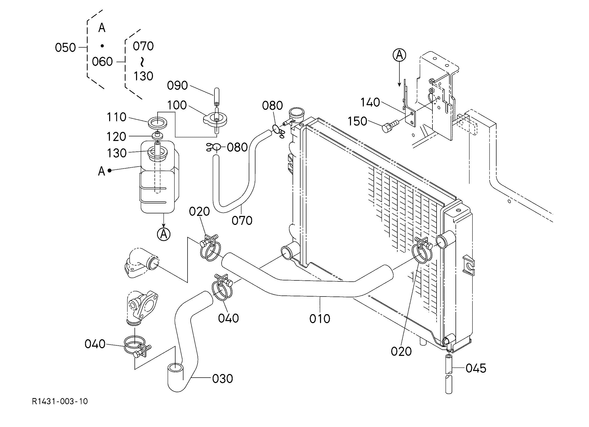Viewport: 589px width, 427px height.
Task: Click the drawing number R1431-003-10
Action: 60,401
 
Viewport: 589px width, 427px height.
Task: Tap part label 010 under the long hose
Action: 320,319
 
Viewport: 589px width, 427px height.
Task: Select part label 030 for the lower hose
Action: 223,379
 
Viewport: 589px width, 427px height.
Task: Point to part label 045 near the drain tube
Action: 476,368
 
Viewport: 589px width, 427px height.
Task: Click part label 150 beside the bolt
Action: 357,121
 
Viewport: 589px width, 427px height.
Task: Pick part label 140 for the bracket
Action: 370,103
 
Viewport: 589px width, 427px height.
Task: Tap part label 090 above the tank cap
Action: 177,85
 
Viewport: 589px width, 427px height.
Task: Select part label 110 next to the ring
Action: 117,117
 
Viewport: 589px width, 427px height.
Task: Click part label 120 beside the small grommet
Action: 116,136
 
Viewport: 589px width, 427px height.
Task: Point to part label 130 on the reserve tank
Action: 117,153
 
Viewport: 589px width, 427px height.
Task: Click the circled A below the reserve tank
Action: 164,234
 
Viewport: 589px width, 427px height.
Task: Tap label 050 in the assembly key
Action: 65,48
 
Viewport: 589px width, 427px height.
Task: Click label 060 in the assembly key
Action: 102,62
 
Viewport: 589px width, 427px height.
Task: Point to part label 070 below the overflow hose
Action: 242,221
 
